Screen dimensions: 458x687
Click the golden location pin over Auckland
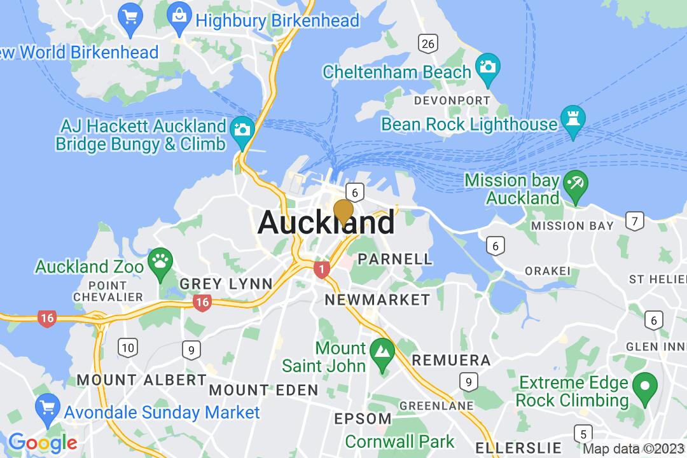pyautogui.click(x=343, y=212)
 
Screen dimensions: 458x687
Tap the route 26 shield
pyautogui.click(x=428, y=43)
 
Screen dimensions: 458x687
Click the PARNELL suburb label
pyautogui.click(x=395, y=259)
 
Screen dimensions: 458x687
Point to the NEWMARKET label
pyautogui.click(x=377, y=300)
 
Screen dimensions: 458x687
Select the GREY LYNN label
pyautogui.click(x=226, y=284)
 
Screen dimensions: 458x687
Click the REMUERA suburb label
pyautogui.click(x=451, y=361)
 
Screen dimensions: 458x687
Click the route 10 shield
pyautogui.click(x=127, y=347)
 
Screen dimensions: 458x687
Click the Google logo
pyautogui.click(x=43, y=442)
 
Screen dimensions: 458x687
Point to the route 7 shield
pyautogui.click(x=634, y=221)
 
